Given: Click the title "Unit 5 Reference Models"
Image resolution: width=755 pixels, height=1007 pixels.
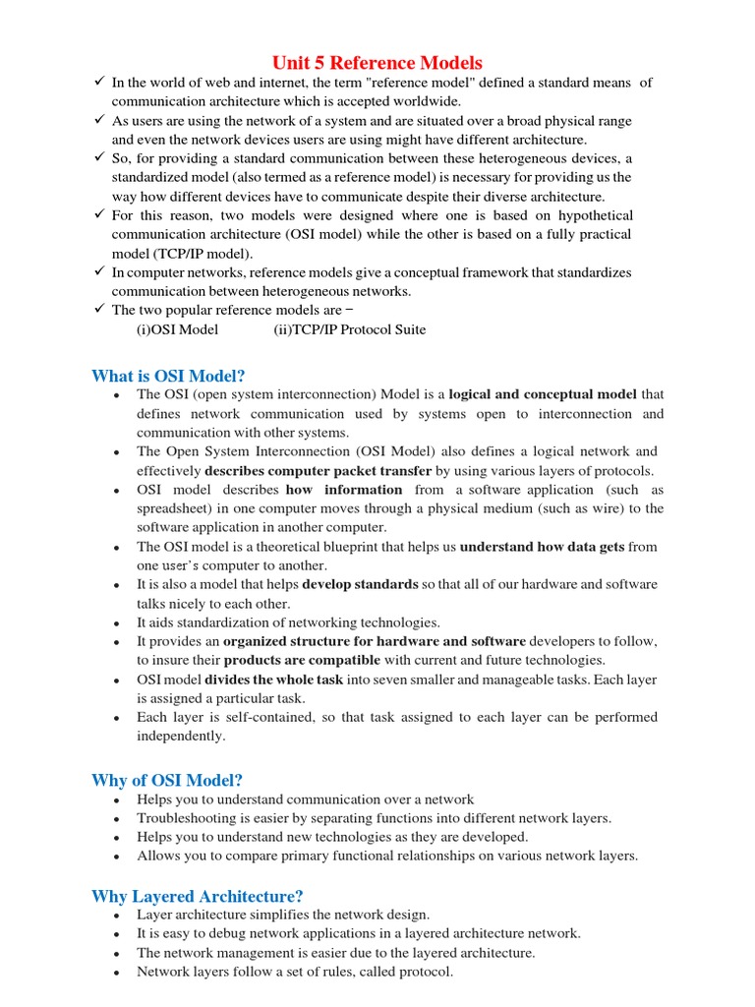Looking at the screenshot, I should pyautogui.click(x=377, y=63).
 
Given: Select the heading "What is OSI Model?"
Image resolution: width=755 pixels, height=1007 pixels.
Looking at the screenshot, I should pyautogui.click(x=168, y=376).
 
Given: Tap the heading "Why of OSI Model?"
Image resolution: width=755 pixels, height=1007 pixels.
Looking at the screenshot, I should pyautogui.click(x=167, y=781).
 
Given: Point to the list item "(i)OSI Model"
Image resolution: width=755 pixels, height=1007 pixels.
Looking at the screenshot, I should pyautogui.click(x=177, y=329).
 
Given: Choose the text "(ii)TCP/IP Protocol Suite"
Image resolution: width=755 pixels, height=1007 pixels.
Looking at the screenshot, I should pyautogui.click(x=350, y=329).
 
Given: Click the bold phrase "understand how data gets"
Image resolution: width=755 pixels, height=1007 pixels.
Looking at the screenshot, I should pyautogui.click(x=542, y=547).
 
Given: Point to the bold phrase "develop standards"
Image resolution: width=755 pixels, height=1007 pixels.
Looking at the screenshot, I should pyautogui.click(x=360, y=584).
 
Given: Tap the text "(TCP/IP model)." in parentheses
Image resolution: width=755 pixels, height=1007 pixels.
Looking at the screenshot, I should pyautogui.click(x=201, y=253).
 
